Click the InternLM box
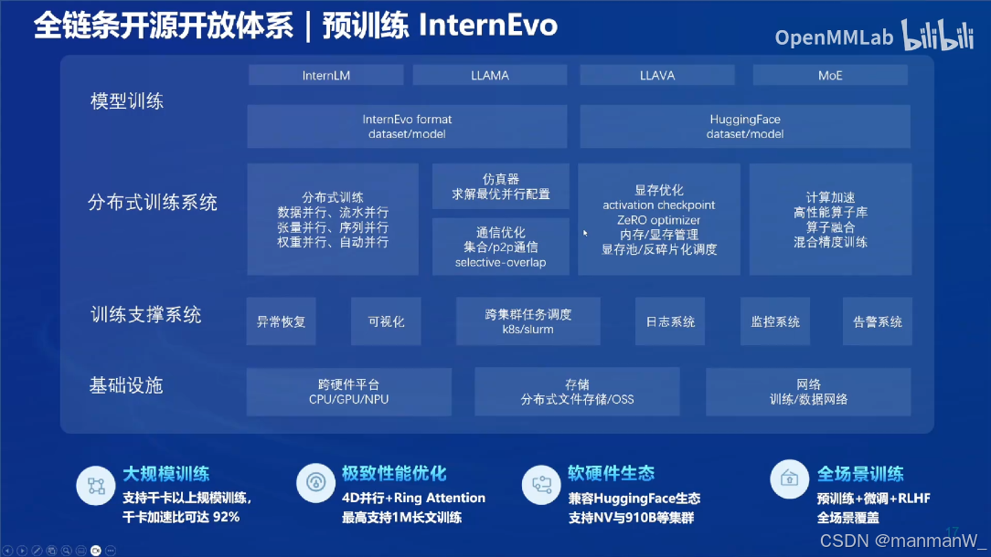pyautogui.click(x=326, y=75)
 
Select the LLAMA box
pyautogui.click(x=490, y=75)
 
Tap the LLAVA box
pyautogui.click(x=657, y=75)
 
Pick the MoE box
pyautogui.click(x=830, y=75)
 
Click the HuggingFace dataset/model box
pyautogui.click(x=745, y=126)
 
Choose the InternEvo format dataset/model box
pyautogui.click(x=407, y=126)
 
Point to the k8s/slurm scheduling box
pyautogui.click(x=527, y=321)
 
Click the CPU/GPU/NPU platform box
pyautogui.click(x=349, y=392)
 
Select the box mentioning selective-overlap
pyautogui.click(x=501, y=247)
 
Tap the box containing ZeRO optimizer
pyautogui.click(x=659, y=219)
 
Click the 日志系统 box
pyautogui.click(x=670, y=321)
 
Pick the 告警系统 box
pyautogui.click(x=878, y=321)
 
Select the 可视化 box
pyautogui.click(x=386, y=321)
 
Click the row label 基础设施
pyautogui.click(x=126, y=385)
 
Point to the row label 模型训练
pyautogui.click(x=127, y=101)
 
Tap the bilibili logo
pyautogui.click(x=938, y=36)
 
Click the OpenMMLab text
pyautogui.click(x=835, y=37)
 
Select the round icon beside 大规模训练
pyautogui.click(x=96, y=485)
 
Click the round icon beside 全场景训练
pyautogui.click(x=789, y=478)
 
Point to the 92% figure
pyautogui.click(x=226, y=517)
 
